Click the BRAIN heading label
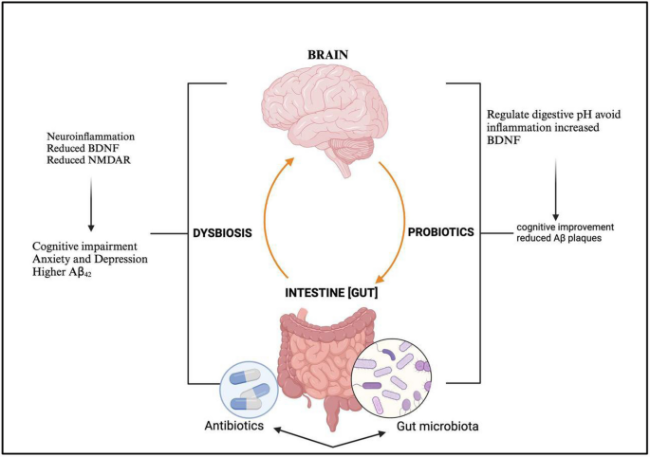(x=325, y=55)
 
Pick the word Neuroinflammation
(x=89, y=137)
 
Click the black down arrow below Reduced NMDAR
(x=90, y=203)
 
